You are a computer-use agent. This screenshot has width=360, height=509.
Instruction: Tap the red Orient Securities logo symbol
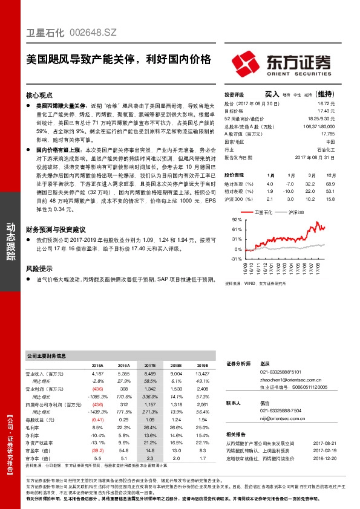tap(246, 63)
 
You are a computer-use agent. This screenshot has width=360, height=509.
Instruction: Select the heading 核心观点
tap(41, 96)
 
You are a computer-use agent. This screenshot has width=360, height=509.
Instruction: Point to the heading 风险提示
tap(41, 269)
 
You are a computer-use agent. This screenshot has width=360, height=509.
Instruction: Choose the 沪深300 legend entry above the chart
tap(295, 213)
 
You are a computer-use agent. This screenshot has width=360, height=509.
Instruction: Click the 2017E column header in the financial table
tap(149, 366)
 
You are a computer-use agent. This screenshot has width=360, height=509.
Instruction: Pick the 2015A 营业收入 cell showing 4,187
tap(97, 374)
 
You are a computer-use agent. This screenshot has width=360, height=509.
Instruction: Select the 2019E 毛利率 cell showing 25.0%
tap(201, 427)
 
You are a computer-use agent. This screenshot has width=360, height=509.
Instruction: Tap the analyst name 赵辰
tap(264, 365)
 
